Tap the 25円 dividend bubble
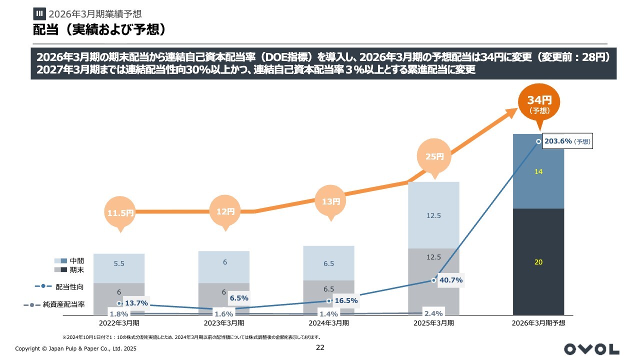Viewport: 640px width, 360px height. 434,156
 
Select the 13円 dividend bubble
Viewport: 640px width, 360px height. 330,202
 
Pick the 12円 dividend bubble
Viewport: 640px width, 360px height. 225,211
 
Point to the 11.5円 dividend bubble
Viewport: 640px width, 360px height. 120,212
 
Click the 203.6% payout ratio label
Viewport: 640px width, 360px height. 565,141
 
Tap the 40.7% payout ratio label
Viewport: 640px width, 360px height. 450,280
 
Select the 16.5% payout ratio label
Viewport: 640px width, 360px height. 346,300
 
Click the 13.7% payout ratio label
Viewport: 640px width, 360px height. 136,303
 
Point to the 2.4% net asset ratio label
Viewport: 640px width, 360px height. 433,313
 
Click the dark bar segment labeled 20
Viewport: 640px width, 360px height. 538,262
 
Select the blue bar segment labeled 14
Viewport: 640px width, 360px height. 538,171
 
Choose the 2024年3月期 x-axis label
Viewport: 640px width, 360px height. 328,323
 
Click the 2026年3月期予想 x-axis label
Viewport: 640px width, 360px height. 538,323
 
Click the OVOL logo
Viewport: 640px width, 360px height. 591,349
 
